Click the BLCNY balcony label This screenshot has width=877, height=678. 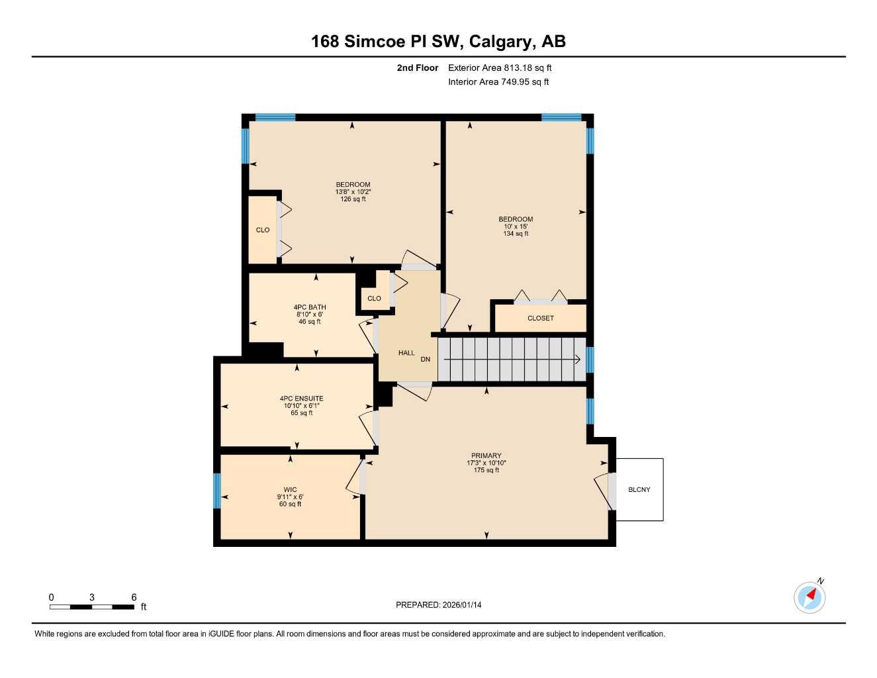tap(639, 490)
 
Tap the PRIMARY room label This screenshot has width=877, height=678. tap(486, 456)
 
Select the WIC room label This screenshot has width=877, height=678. tap(290, 490)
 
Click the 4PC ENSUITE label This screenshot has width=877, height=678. tap(301, 399)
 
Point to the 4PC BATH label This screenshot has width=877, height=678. tap(309, 307)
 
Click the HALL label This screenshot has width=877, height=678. tap(406, 353)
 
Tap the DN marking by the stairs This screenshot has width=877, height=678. tap(425, 360)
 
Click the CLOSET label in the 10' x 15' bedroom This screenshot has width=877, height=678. tap(540, 318)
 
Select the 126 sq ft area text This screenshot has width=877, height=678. tap(353, 199)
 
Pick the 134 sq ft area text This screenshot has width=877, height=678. tap(516, 234)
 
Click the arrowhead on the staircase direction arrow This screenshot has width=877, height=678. tap(578, 360)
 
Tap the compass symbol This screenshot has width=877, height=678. tap(809, 597)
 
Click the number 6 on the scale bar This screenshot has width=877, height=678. tap(134, 597)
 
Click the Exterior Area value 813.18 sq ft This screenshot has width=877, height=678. tap(528, 68)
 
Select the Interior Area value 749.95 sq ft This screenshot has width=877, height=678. tap(525, 82)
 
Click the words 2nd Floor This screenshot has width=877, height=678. tap(417, 68)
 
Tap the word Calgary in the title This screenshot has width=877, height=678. tap(502, 42)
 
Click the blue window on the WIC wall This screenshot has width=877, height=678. tap(216, 491)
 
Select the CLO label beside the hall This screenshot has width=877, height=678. tap(374, 299)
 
